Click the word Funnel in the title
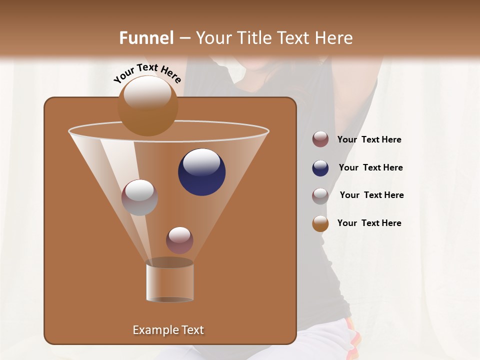point(146,38)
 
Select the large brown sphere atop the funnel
point(147,105)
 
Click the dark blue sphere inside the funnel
point(202,172)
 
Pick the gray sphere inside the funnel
point(139,197)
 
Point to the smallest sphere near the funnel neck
point(179,240)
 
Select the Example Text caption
point(168,330)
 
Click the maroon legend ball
point(320,139)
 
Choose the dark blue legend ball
point(320,168)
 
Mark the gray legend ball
point(320,195)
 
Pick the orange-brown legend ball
point(320,223)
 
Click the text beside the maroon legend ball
point(369,139)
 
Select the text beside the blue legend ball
point(370,167)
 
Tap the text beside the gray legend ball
point(371,195)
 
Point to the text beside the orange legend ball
point(369,223)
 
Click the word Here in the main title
point(334,38)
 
